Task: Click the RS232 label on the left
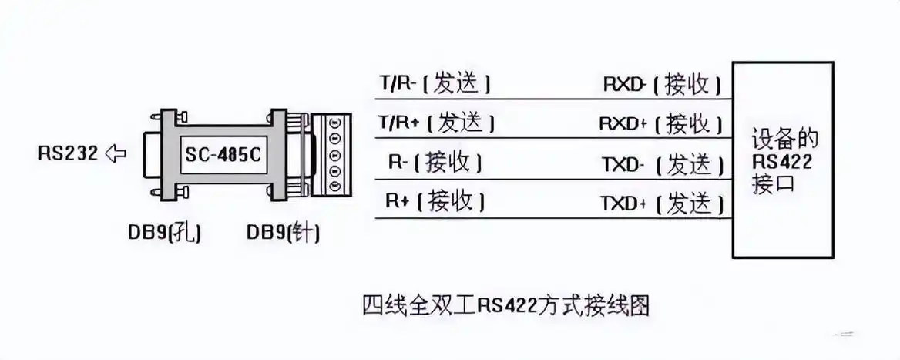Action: (x=68, y=153)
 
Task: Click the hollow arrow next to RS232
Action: (x=115, y=153)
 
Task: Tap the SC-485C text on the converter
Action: (x=222, y=154)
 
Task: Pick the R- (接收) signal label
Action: (x=435, y=163)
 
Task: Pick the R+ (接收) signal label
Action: (x=435, y=201)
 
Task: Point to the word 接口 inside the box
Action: (x=772, y=185)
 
